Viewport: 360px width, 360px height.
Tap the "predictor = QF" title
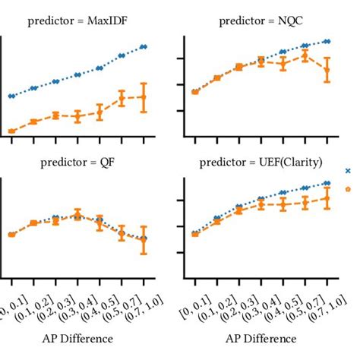pos(77,162)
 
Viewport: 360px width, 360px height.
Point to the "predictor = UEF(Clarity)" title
pos(261,162)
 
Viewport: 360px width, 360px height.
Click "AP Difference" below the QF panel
pos(77,338)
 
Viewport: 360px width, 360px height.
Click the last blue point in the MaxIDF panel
pos(144,46)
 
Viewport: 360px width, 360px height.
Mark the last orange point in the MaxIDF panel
pos(144,96)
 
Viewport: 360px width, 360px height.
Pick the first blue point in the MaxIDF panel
pos(11,96)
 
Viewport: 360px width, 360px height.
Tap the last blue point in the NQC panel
pos(327,41)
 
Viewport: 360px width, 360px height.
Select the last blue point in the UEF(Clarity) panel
pos(327,183)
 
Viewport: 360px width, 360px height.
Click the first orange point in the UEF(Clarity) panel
pos(194,234)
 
